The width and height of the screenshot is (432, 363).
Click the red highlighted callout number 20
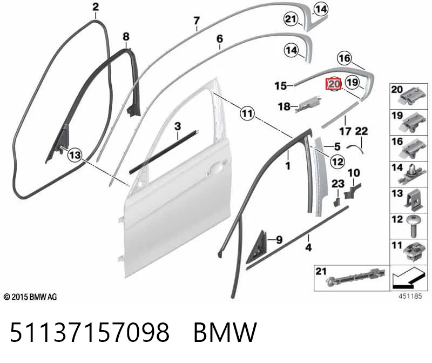tap(333, 84)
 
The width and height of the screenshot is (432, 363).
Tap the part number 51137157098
tap(90, 332)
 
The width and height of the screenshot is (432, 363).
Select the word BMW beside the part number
tap(225, 332)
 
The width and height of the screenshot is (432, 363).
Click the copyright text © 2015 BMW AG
tap(30, 297)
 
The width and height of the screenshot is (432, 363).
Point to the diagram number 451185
tap(410, 296)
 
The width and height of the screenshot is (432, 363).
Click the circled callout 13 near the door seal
tap(75, 154)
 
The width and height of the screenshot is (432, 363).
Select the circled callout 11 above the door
tap(247, 113)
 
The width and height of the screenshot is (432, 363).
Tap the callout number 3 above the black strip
tap(178, 126)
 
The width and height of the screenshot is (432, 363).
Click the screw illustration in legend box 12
tap(413, 226)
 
